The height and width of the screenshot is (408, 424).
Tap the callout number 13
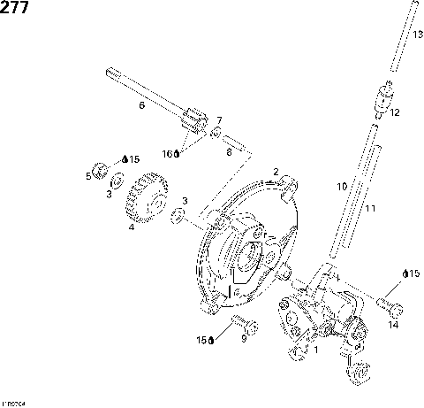(x=418, y=34)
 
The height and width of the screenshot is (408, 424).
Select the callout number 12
(x=394, y=113)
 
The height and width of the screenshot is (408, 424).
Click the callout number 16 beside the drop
(x=166, y=153)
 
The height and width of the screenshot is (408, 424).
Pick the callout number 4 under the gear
(x=132, y=227)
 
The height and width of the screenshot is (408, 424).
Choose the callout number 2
(x=276, y=172)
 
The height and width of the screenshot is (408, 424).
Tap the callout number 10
(x=341, y=188)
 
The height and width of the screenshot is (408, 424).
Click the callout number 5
(x=88, y=176)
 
